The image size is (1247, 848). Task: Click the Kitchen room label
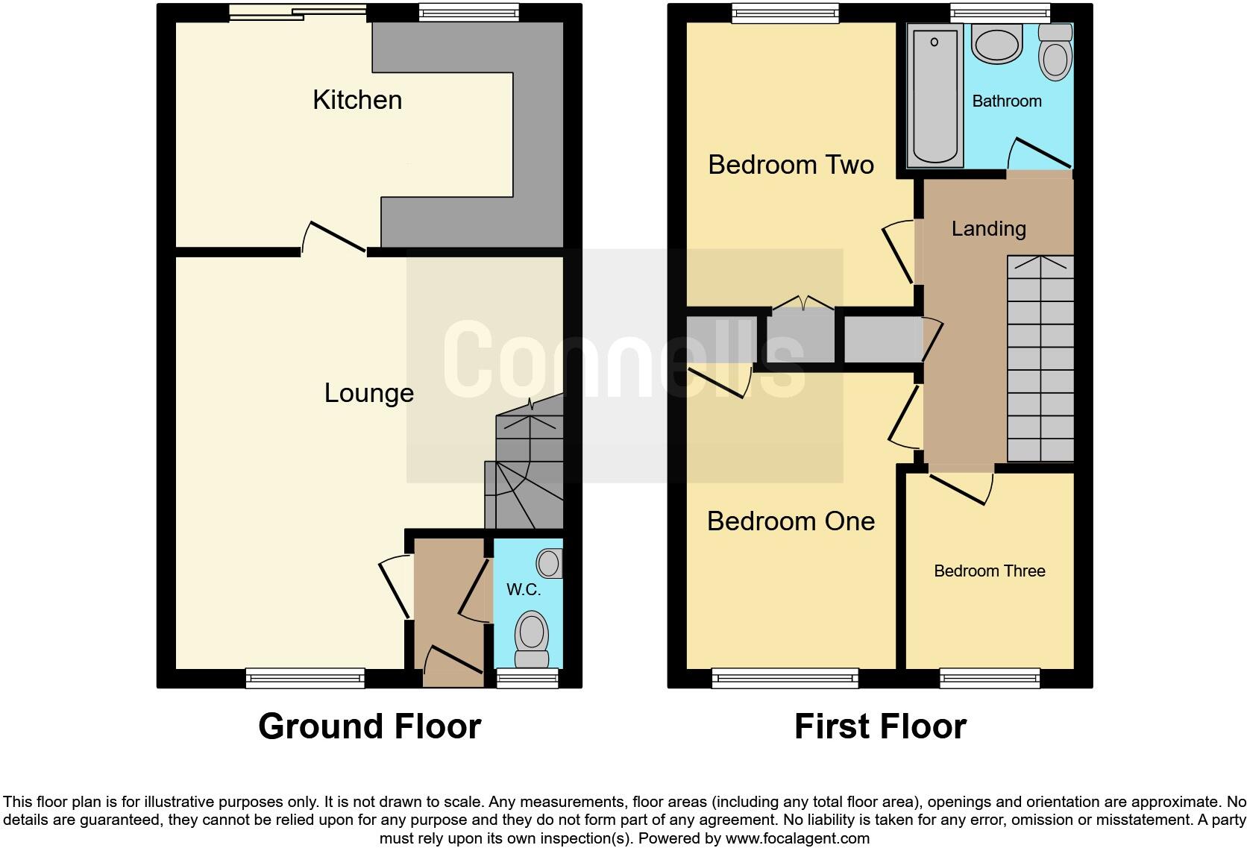pyautogui.click(x=357, y=100)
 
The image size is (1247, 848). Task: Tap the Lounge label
pyautogui.click(x=368, y=393)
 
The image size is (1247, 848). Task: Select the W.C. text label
pyautogui.click(x=524, y=590)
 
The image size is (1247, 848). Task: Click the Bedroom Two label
pyautogui.click(x=791, y=165)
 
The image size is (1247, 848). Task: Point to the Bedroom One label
pyautogui.click(x=791, y=521)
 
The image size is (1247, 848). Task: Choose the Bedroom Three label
pyautogui.click(x=989, y=571)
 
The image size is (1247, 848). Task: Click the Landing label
pyautogui.click(x=988, y=229)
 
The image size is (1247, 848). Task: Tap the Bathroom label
pyautogui.click(x=1006, y=101)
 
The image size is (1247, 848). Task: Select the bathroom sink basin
pyautogui.click(x=996, y=45)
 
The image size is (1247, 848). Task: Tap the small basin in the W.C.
pyautogui.click(x=550, y=563)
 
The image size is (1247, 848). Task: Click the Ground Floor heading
pyautogui.click(x=369, y=726)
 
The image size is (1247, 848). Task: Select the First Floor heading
pyautogui.click(x=880, y=726)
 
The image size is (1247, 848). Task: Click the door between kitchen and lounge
pyautogui.click(x=334, y=239)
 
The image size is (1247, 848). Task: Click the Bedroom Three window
pyautogui.click(x=990, y=677)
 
